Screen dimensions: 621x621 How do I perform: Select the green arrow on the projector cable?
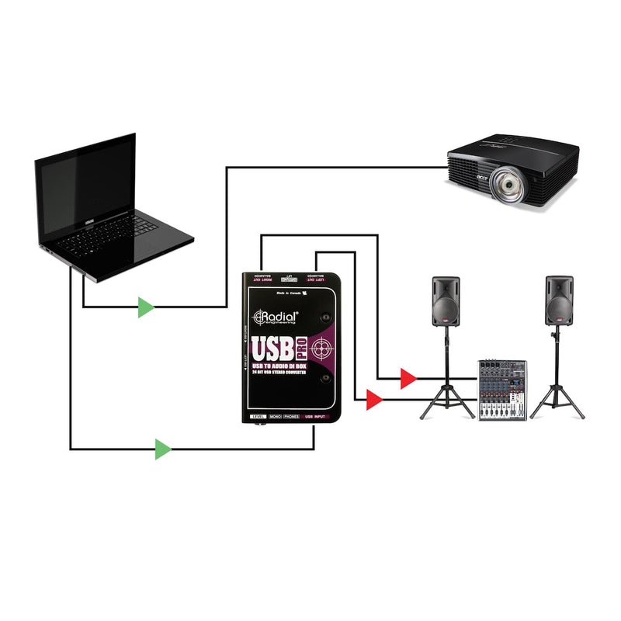coord(145,307)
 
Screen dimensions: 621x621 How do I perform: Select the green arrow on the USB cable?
coord(162,449)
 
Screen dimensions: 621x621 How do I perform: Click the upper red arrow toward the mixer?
coord(408,379)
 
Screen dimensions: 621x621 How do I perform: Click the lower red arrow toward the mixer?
coord(374,401)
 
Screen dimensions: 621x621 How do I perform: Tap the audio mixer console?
coord(501,390)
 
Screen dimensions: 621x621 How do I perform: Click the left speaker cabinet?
coord(446,302)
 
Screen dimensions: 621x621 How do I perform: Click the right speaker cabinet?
coord(559,302)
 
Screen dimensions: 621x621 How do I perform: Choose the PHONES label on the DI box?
coord(291,417)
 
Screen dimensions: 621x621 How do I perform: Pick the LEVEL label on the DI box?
coord(255,417)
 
